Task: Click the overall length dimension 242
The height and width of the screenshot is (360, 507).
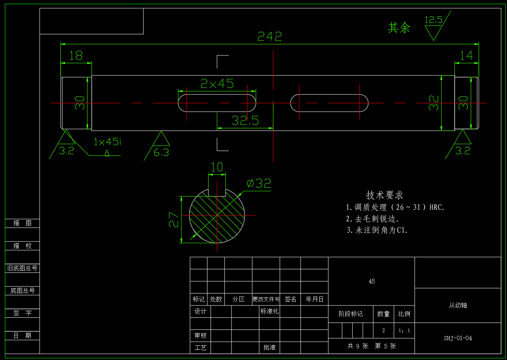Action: (270, 37)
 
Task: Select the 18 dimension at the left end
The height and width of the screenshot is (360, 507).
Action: (76, 56)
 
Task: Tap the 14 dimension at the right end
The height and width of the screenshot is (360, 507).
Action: (466, 56)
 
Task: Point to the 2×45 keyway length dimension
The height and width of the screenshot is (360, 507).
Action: (217, 84)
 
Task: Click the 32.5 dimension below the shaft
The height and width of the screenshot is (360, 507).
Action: (245, 120)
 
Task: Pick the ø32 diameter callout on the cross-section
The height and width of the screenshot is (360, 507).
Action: (259, 184)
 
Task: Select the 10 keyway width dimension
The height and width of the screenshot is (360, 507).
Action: (217, 167)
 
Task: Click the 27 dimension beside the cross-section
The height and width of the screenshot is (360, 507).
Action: (174, 219)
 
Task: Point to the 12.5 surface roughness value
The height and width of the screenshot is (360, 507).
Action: (433, 20)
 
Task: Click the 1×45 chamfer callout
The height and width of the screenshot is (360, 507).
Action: (107, 142)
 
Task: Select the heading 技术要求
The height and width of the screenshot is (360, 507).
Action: (384, 195)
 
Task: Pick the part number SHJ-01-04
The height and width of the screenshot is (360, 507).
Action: (458, 338)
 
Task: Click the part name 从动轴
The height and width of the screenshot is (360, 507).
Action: (458, 305)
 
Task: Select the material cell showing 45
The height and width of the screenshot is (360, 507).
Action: (372, 281)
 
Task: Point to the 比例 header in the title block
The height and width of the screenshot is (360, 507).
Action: (404, 314)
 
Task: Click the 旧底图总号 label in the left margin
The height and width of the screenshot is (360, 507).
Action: (22, 268)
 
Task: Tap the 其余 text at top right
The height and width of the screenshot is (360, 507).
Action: (399, 28)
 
